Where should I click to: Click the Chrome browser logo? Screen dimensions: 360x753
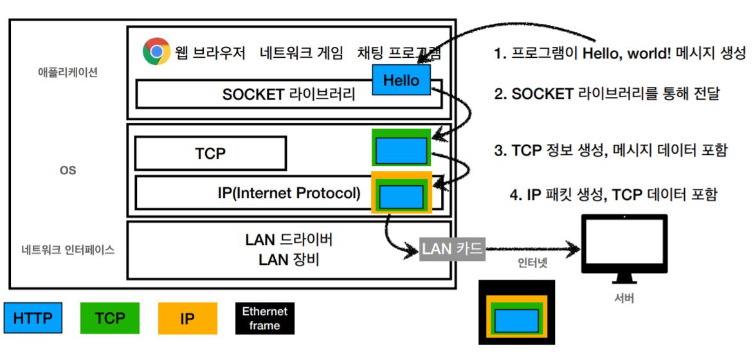[x=156, y=51]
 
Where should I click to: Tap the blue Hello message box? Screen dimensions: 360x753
[x=401, y=80]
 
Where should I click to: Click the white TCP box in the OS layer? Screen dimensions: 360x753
[x=210, y=154]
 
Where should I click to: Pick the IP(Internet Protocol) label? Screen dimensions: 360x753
[x=289, y=192]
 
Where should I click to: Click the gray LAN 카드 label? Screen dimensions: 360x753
[x=452, y=248]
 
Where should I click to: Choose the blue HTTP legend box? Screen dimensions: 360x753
[x=33, y=318]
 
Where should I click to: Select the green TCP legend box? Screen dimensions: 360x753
[x=110, y=318]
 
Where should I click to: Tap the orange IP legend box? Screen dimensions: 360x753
[x=187, y=318]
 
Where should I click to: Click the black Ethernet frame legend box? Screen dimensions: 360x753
[x=265, y=318]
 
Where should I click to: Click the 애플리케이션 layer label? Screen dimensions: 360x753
[x=68, y=73]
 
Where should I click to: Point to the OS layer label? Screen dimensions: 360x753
[x=68, y=170]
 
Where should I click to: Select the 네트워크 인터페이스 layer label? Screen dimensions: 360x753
[x=68, y=250]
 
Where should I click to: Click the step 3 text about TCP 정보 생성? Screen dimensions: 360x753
[x=610, y=150]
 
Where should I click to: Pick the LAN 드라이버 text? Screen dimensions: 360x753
[x=289, y=240]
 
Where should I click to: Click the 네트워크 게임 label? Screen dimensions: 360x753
[x=302, y=53]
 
